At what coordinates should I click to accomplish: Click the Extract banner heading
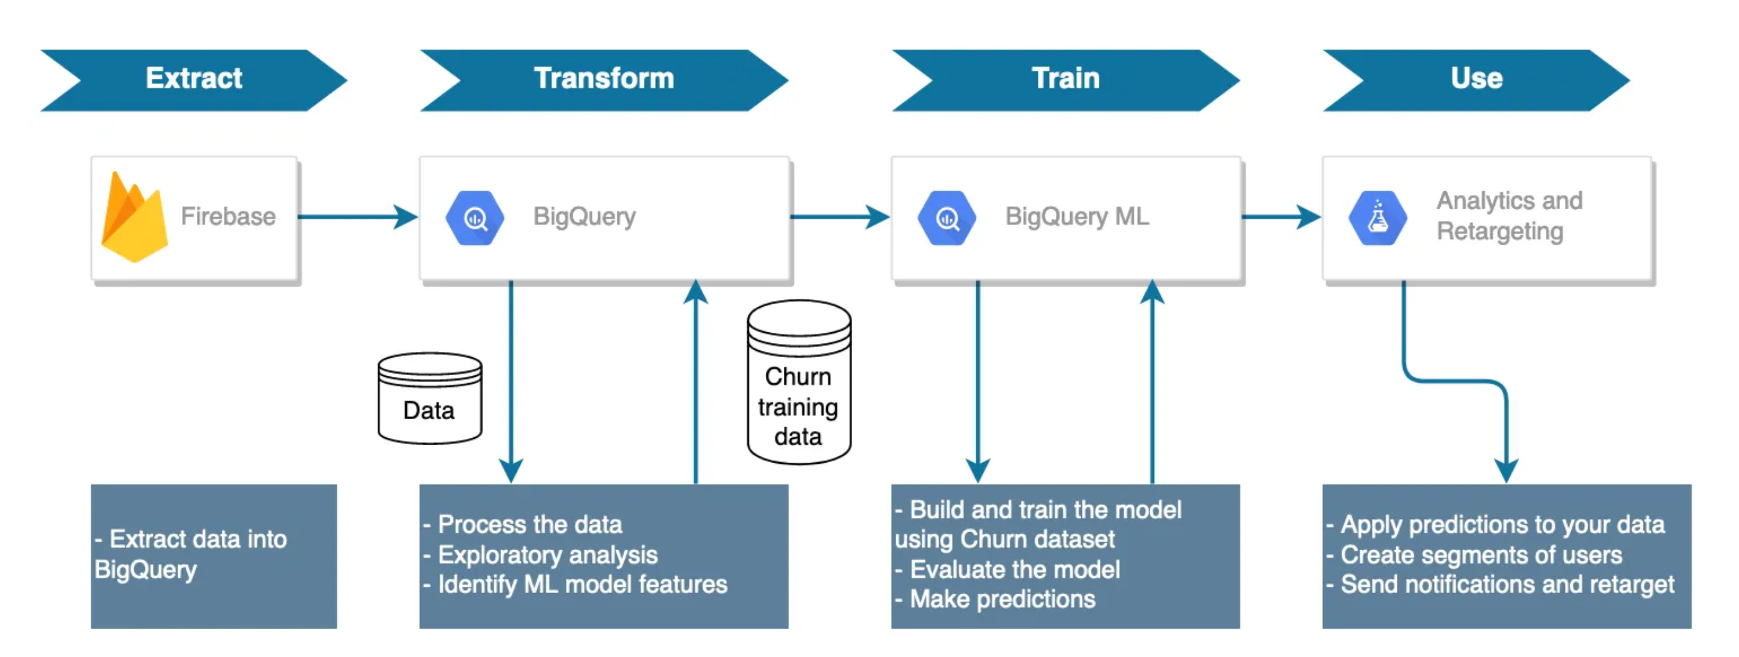coord(194,79)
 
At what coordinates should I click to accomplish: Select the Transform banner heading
coord(604,79)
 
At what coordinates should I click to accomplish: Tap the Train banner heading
coord(1065,79)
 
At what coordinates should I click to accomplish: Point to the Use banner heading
coord(1476,79)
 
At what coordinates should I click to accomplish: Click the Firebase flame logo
coord(134,217)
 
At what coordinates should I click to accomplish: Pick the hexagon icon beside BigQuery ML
coord(947,218)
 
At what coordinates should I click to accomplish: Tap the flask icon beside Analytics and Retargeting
coord(1377,218)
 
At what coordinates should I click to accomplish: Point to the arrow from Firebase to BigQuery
coord(358,217)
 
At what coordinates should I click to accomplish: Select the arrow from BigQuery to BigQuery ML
coord(839,217)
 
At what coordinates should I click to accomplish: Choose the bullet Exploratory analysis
coord(547,555)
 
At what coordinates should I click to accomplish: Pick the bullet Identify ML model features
coord(582,585)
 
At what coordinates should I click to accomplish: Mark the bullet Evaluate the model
coord(1014,570)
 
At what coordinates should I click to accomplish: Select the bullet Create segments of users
coord(1481,555)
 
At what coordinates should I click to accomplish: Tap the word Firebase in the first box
coord(228,217)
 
